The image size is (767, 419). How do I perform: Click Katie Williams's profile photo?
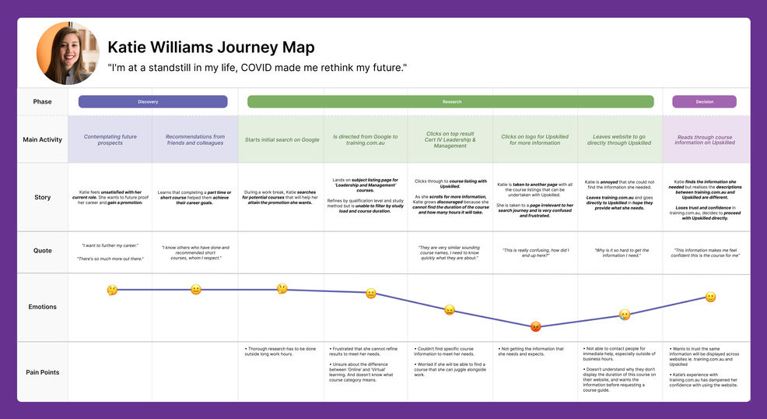click(68, 53)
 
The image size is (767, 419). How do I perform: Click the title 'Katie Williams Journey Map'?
click(211, 48)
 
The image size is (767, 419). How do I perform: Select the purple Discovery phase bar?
click(152, 102)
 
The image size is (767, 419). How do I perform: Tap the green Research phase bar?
click(451, 102)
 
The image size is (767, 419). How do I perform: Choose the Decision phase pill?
click(704, 102)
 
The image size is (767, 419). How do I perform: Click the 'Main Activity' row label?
click(42, 140)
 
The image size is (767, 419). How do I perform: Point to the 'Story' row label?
click(42, 197)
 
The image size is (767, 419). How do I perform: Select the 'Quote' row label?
click(42, 251)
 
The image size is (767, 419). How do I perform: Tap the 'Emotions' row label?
click(42, 307)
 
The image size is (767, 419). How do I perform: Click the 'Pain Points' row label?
click(42, 372)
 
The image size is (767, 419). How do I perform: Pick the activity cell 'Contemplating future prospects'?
click(110, 140)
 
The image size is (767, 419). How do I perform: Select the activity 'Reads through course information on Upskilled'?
click(706, 140)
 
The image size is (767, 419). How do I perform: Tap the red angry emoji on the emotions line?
click(535, 326)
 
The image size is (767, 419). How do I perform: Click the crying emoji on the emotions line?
click(624, 315)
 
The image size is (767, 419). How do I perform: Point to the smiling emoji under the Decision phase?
click(709, 297)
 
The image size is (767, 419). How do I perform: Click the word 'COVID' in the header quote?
click(260, 68)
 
